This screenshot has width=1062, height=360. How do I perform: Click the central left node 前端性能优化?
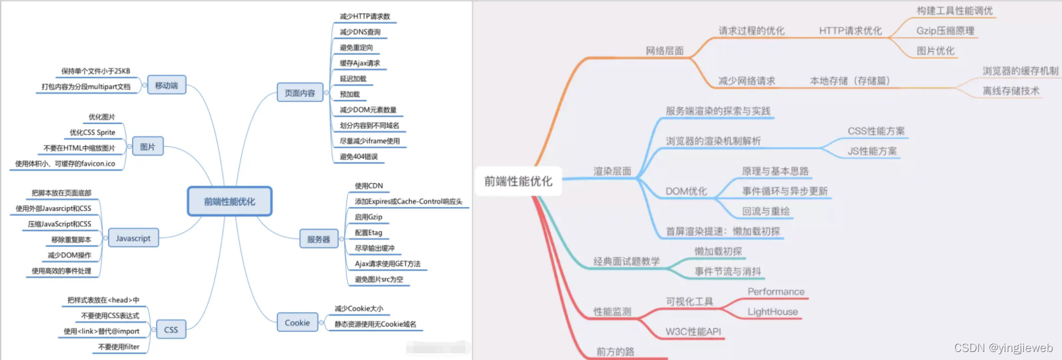click(x=229, y=202)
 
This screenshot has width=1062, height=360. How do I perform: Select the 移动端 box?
click(x=166, y=85)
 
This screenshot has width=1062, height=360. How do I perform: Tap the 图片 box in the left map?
click(x=147, y=147)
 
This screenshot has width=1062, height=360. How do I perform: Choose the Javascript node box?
click(x=133, y=238)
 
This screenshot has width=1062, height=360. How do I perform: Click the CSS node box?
click(x=171, y=330)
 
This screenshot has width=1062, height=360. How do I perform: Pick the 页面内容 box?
click(x=300, y=93)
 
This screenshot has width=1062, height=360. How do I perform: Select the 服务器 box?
click(x=318, y=239)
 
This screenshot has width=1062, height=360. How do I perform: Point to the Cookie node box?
click(x=297, y=322)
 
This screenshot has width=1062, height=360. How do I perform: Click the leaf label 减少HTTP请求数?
click(x=365, y=17)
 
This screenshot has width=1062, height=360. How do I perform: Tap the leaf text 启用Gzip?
click(x=369, y=217)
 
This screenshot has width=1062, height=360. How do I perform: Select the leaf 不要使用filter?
click(x=119, y=347)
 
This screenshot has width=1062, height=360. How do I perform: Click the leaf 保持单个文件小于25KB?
click(x=96, y=71)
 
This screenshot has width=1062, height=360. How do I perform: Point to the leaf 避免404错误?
click(x=359, y=157)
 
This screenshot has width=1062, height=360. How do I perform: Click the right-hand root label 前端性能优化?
click(x=518, y=181)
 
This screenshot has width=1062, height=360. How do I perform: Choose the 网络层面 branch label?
click(x=664, y=51)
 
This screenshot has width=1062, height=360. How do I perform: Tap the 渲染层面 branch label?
click(x=612, y=171)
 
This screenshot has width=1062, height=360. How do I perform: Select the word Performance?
click(x=776, y=292)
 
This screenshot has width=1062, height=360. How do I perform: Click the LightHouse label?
click(x=772, y=312)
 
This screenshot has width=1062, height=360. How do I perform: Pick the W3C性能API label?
click(x=693, y=332)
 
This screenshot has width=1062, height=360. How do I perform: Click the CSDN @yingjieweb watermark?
click(x=1003, y=348)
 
